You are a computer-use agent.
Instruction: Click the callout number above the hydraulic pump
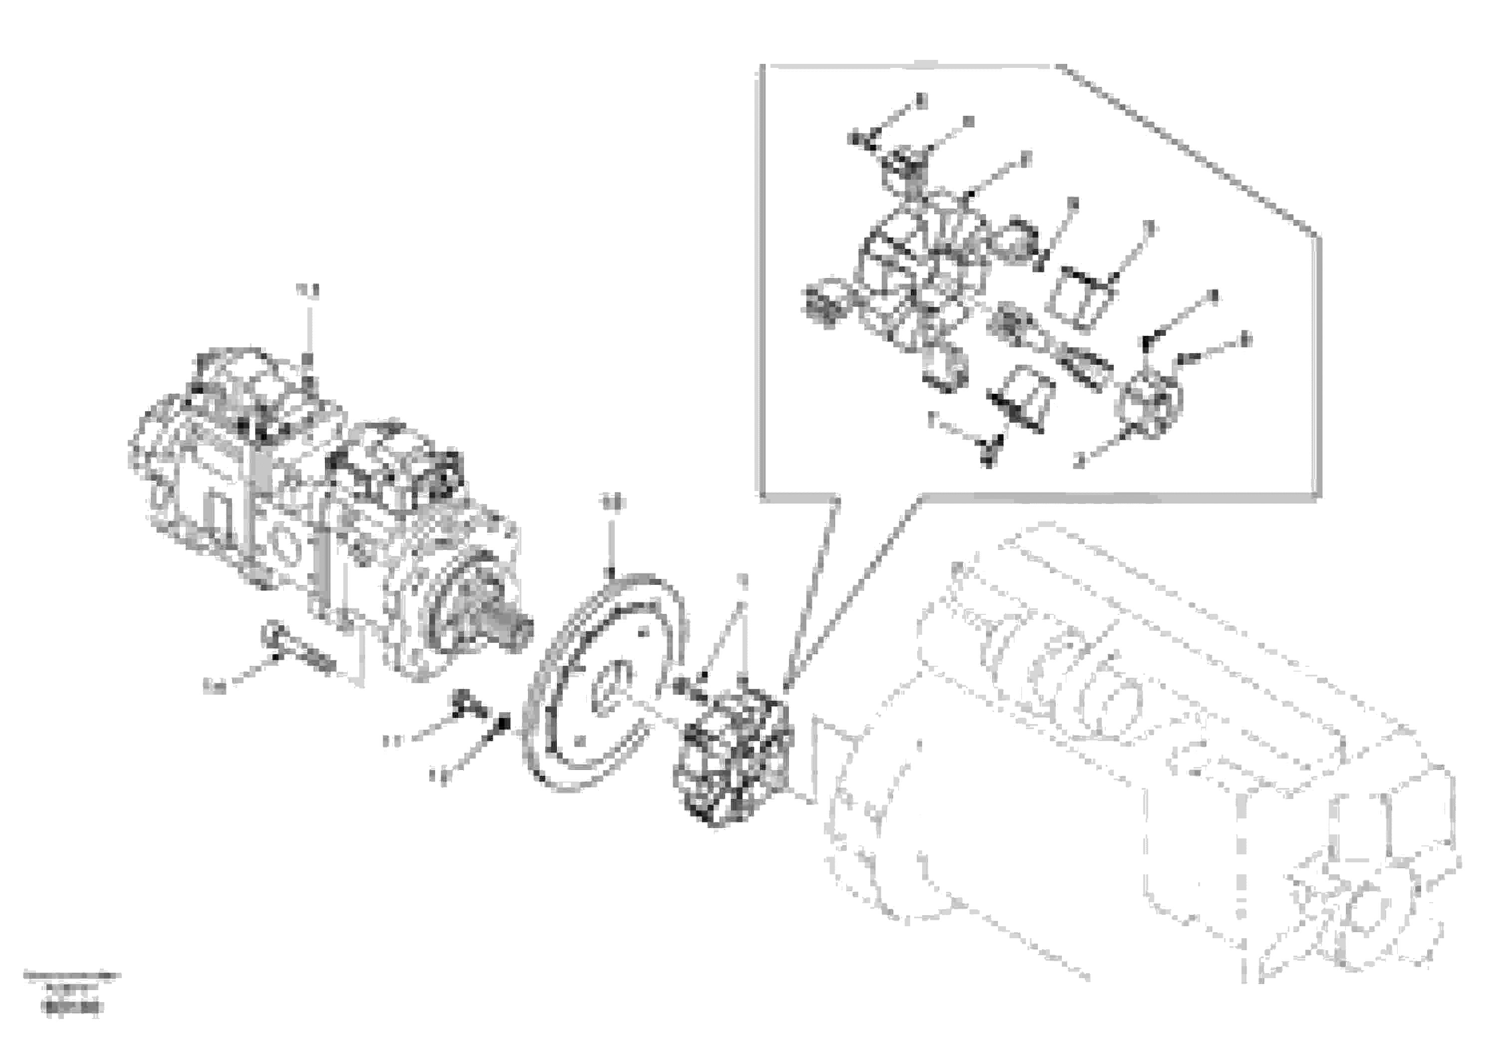(308, 291)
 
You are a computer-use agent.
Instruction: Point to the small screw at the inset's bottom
(990, 450)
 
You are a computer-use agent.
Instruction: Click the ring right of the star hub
(1018, 242)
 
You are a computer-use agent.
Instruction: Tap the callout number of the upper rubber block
(1149, 227)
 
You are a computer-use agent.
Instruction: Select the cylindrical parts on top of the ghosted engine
(1067, 673)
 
